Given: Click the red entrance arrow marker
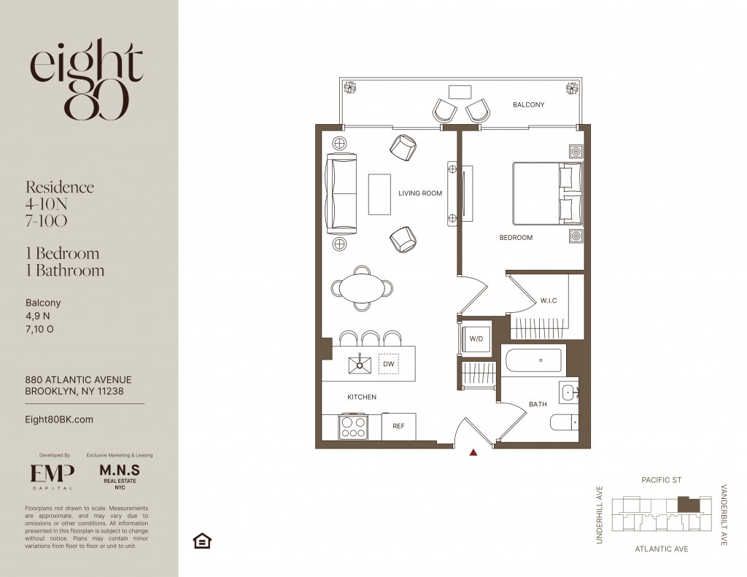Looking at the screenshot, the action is tap(473, 453).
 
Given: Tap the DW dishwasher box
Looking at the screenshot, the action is tap(389, 364).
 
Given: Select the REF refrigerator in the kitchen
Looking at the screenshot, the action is tap(399, 427).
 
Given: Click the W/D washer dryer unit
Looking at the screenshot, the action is tap(476, 338).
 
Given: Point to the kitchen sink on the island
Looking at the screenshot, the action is tap(360, 365).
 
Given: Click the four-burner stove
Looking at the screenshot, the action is tap(353, 427).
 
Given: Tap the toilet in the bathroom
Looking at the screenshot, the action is tap(565, 422).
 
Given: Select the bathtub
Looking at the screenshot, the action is tap(533, 360).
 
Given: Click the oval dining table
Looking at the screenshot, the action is tap(362, 288).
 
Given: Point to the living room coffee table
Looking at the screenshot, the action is tap(379, 194).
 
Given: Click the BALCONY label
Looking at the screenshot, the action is tap(528, 105).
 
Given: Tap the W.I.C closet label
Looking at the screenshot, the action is tap(549, 301).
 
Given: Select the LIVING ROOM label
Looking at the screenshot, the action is tap(420, 193).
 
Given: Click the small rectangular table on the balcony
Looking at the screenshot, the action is tap(460, 92).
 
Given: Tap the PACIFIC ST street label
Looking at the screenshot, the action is tap(661, 480).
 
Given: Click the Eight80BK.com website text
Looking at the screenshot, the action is tap(59, 419).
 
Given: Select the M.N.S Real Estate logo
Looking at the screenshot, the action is tap(120, 476).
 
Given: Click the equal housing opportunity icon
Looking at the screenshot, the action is tap(202, 541).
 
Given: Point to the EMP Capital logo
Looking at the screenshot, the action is tap(52, 476).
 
